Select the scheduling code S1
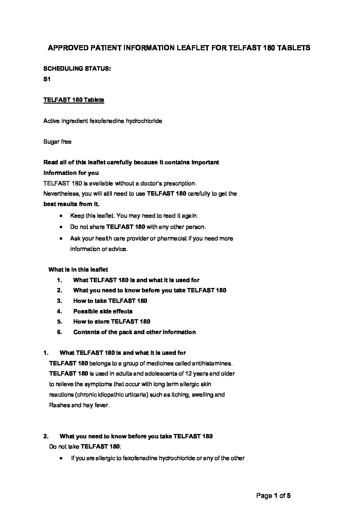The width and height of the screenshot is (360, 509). (47, 79)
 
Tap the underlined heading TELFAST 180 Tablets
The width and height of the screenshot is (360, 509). (74, 100)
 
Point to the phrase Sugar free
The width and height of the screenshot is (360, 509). (57, 142)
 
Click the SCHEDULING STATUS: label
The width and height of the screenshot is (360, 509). (77, 69)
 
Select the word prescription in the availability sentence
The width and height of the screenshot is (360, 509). (180, 183)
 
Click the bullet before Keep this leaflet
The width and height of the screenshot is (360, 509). (61, 216)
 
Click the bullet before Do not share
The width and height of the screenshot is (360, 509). (61, 226)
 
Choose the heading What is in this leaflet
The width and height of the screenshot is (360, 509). (78, 270)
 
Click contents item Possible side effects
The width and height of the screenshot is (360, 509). (103, 311)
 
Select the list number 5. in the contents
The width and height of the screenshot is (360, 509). (59, 322)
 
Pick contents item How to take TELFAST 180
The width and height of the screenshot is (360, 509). (110, 301)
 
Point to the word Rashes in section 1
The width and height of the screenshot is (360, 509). (59, 405)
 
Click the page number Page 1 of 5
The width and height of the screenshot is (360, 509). (273, 496)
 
